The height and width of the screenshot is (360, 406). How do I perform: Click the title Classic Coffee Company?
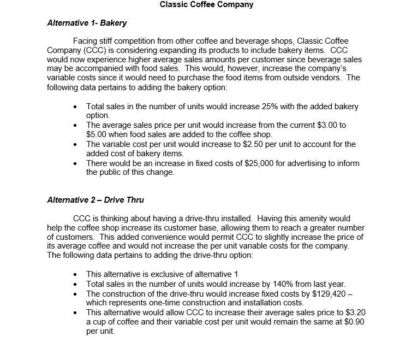pyautogui.click(x=206, y=5)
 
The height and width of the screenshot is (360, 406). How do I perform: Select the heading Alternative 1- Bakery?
pyautogui.click(x=87, y=23)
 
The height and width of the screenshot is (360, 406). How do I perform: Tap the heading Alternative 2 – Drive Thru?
pyautogui.click(x=95, y=200)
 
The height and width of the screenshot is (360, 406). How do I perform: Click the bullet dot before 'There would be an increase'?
pyautogui.click(x=75, y=163)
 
